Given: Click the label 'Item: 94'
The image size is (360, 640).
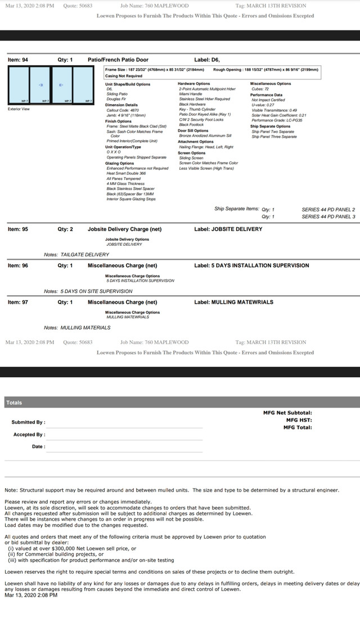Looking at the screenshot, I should pyautogui.click(x=18, y=59).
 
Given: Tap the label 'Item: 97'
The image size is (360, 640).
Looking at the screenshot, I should pyautogui.click(x=18, y=302).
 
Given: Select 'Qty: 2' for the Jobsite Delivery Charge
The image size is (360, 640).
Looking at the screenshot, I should pyautogui.click(x=65, y=229).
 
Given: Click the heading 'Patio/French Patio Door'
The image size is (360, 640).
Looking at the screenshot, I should pyautogui.click(x=118, y=59).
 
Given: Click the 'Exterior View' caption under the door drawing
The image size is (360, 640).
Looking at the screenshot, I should pyautogui.click(x=19, y=109).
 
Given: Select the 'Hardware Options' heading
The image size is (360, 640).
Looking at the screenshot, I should pyautogui.click(x=194, y=84).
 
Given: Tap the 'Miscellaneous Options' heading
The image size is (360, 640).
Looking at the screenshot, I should pyautogui.click(x=271, y=84).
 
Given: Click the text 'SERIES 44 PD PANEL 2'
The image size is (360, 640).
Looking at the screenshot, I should pyautogui.click(x=328, y=209).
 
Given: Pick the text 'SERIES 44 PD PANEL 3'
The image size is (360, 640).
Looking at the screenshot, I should pyautogui.click(x=328, y=217).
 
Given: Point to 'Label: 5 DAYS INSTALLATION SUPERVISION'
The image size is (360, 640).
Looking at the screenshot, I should pyautogui.click(x=251, y=265).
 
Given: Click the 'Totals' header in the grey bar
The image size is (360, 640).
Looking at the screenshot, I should pyautogui.click(x=14, y=403).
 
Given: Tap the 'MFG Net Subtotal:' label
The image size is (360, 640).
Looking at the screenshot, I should pyautogui.click(x=287, y=413).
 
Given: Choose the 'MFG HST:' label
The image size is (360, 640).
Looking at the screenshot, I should pyautogui.click(x=299, y=420).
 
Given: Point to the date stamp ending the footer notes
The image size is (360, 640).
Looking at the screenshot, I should pyautogui.click(x=31, y=594).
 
